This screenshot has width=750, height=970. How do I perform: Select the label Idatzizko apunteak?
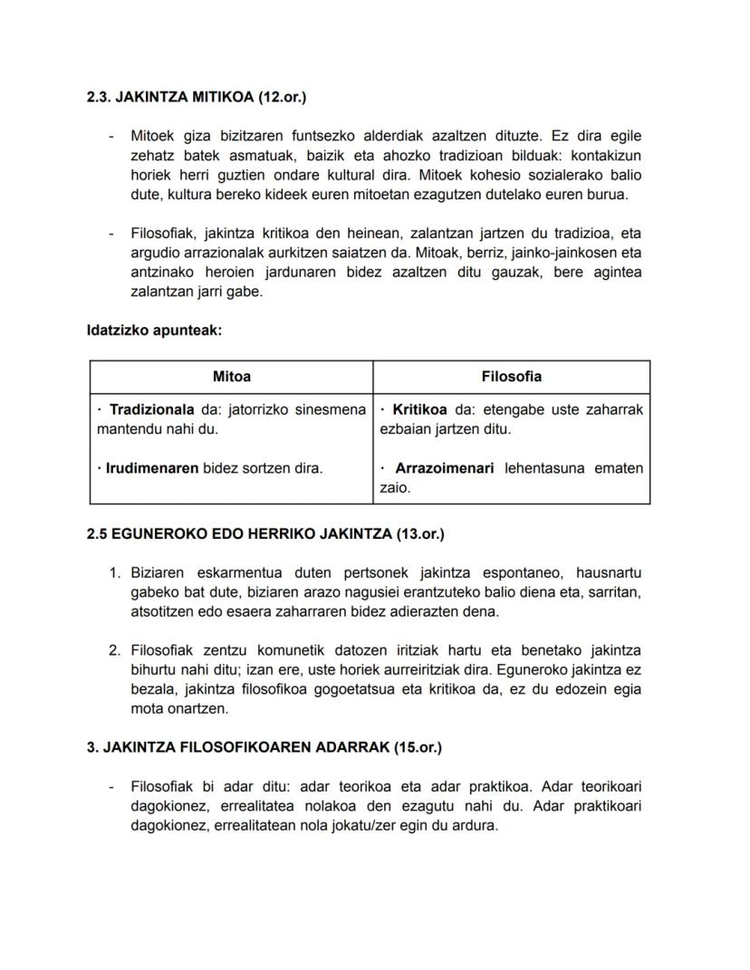[x=154, y=331]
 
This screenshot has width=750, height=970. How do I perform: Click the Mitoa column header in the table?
[x=232, y=376]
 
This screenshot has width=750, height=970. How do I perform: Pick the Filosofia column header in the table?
[x=512, y=376]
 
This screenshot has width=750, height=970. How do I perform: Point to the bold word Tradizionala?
[x=150, y=410]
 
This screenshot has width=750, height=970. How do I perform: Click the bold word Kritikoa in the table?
[x=422, y=410]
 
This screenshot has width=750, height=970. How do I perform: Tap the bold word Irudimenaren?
[x=152, y=469]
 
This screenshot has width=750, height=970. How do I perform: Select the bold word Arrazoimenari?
[x=444, y=469]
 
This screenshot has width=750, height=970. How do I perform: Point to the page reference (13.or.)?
[x=420, y=534]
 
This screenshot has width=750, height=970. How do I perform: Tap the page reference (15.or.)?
[x=418, y=748]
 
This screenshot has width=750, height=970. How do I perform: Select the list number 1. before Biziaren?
[x=115, y=573]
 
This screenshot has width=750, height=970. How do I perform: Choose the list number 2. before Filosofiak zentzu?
[x=115, y=650]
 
